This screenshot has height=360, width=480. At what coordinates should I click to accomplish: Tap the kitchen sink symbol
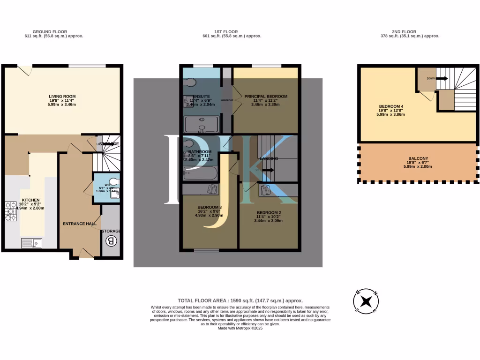tap(32, 243)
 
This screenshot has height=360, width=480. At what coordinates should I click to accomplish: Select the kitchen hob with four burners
tap(10, 210)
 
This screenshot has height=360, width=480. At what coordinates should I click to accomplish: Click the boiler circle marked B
tap(111, 241)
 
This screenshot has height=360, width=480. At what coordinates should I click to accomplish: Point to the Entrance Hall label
tap(80, 224)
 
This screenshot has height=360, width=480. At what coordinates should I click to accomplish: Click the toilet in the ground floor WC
tap(113, 181)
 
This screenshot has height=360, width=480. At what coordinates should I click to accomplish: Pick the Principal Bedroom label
tap(266, 97)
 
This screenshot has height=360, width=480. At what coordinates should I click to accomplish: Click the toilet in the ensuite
tap(190, 83)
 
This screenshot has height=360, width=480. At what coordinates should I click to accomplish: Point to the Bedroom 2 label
tap(268, 212)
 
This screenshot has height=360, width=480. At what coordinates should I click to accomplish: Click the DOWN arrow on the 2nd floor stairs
tap(442, 79)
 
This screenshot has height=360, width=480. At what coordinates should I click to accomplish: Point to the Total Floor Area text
tap(240, 300)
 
